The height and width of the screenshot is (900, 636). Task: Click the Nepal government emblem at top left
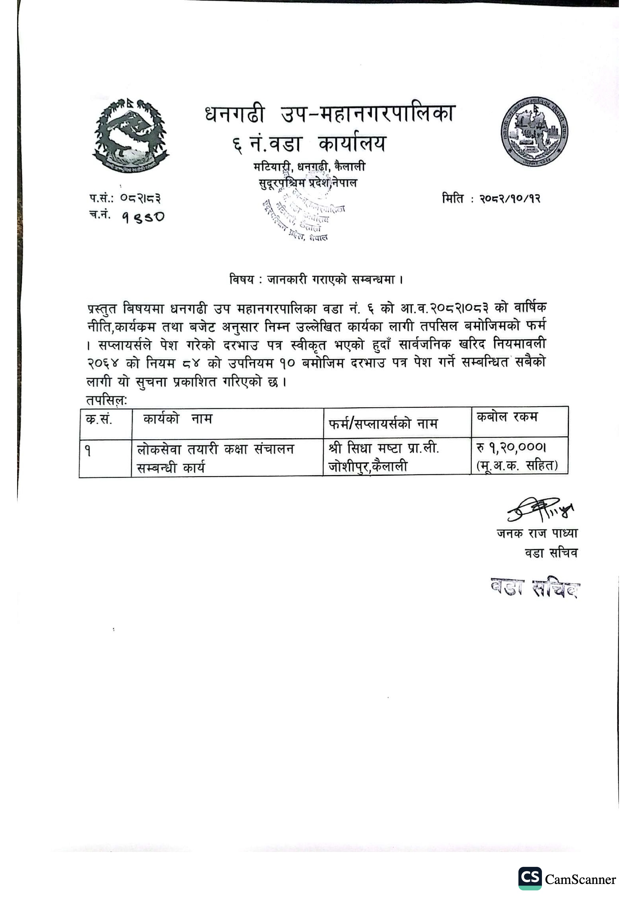131,136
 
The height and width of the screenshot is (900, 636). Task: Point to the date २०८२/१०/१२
510,199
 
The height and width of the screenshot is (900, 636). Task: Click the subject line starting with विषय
316,280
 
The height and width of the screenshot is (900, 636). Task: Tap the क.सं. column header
99,420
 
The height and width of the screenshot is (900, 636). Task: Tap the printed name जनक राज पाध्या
537,533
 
